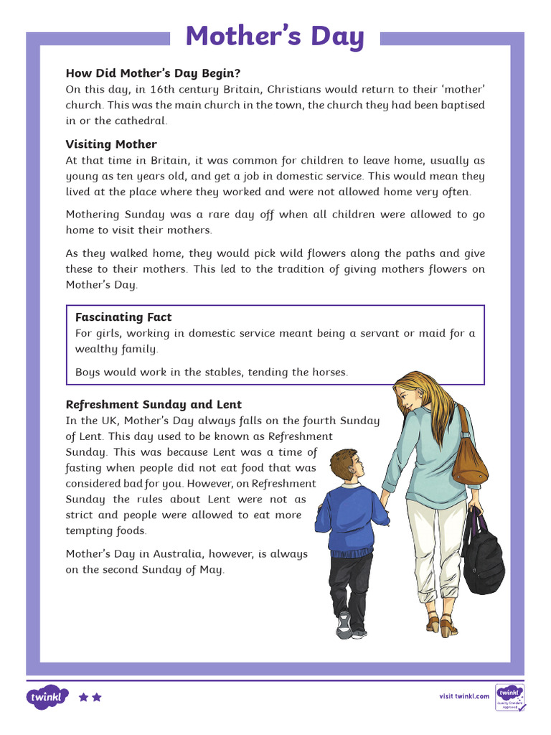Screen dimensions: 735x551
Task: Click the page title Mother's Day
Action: (275, 36)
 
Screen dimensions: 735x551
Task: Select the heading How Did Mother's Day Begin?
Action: (153, 73)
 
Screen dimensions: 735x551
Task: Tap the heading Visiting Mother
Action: (111, 144)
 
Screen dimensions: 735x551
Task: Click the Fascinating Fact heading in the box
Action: (123, 317)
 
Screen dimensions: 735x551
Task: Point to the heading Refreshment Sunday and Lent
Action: (154, 404)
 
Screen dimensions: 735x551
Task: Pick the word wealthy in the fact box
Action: (97, 349)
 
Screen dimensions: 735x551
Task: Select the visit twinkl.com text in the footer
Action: (464, 696)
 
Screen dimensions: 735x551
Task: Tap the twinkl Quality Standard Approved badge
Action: (510, 697)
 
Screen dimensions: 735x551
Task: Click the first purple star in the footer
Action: (83, 697)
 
